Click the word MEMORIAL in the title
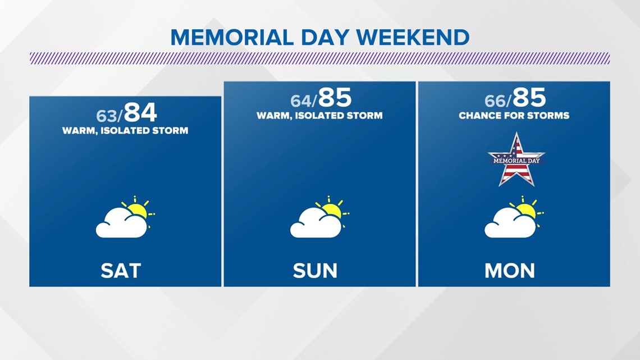coord(232,38)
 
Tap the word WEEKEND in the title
coord(413,38)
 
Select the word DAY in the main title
coord(325,38)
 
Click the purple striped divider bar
coord(320,58)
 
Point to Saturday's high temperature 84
coord(140,113)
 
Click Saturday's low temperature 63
coord(107,116)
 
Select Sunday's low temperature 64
coord(301,101)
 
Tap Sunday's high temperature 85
coord(335,98)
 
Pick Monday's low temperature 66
coord(496,101)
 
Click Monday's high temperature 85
coord(529,98)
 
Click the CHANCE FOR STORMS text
coord(514,116)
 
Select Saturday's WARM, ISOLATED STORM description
coord(125,131)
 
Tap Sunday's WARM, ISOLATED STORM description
coord(319,116)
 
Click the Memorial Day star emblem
coord(516,160)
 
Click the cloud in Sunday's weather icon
coord(316,224)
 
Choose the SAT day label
coord(121,271)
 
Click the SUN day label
coord(315,271)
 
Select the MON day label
coord(509,271)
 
